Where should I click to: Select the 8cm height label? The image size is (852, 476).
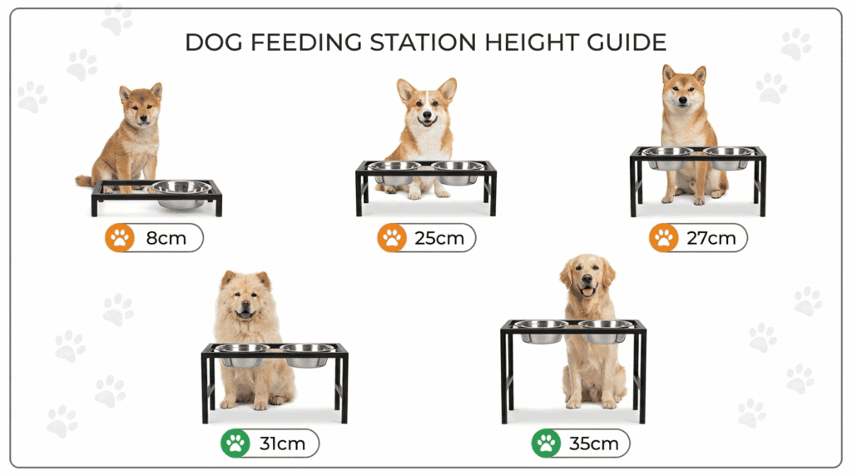(x=166, y=238)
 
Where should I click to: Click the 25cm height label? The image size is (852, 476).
(x=439, y=238)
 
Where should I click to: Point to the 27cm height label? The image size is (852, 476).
(x=711, y=238)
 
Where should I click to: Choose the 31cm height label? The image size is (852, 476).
(x=282, y=444)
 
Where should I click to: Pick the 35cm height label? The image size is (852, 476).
(x=593, y=444)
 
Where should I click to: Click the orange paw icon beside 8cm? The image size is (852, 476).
(x=120, y=238)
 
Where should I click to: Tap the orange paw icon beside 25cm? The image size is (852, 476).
(x=392, y=238)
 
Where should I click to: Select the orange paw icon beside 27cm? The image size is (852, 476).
(x=663, y=238)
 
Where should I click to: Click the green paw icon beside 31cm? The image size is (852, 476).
(x=235, y=444)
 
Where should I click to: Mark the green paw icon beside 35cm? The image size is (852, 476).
(x=546, y=444)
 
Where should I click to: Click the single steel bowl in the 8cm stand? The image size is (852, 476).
(x=181, y=194)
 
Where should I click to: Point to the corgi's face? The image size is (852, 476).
(x=427, y=109)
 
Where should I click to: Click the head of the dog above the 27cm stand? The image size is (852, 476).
(x=684, y=90)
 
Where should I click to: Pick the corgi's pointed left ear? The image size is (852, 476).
(x=405, y=90)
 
